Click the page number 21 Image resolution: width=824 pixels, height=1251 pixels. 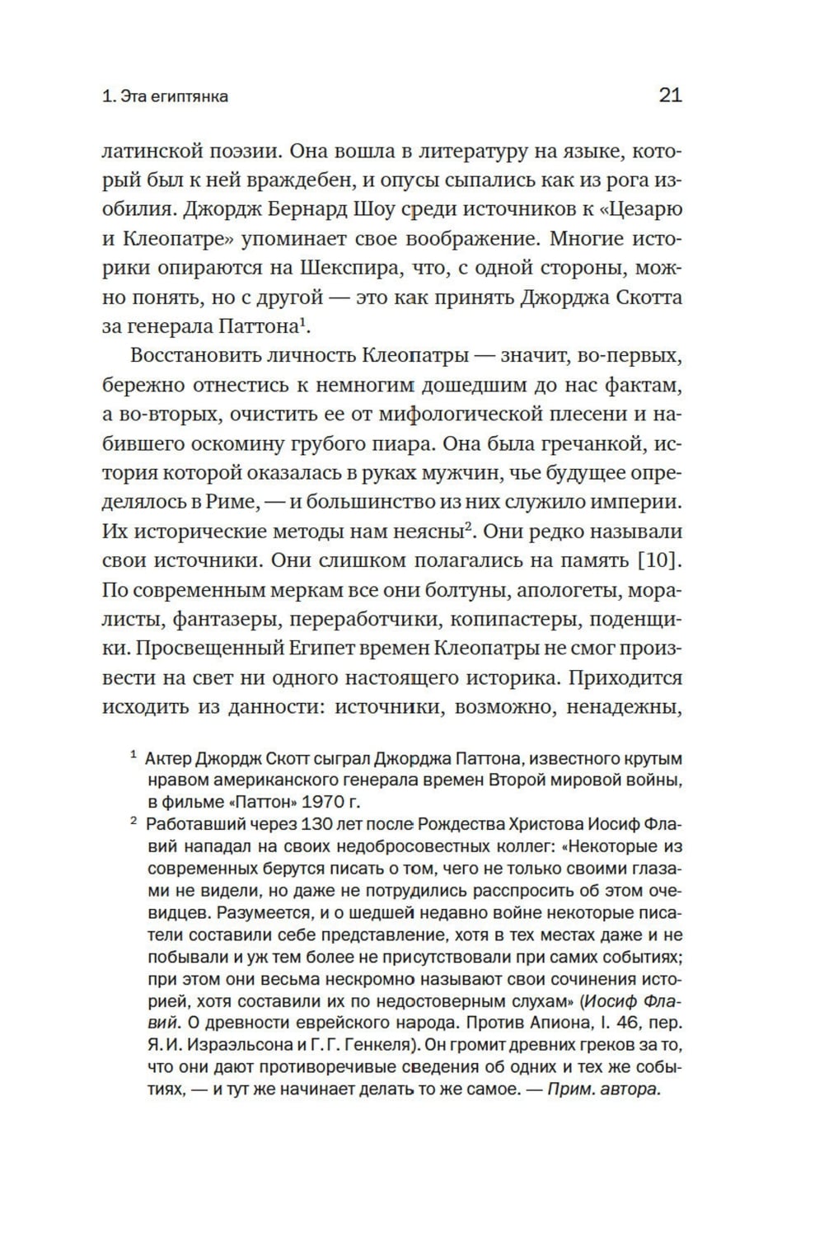670,96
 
